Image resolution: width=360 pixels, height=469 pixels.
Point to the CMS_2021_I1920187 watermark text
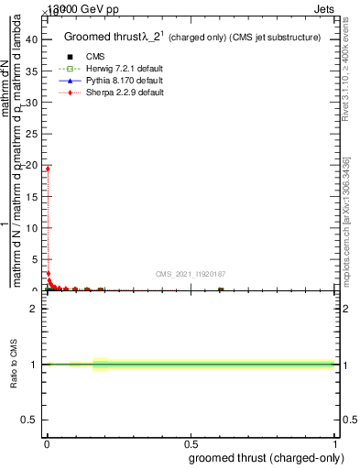[x=191, y=273]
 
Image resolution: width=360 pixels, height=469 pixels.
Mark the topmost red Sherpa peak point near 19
[x=47, y=169]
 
